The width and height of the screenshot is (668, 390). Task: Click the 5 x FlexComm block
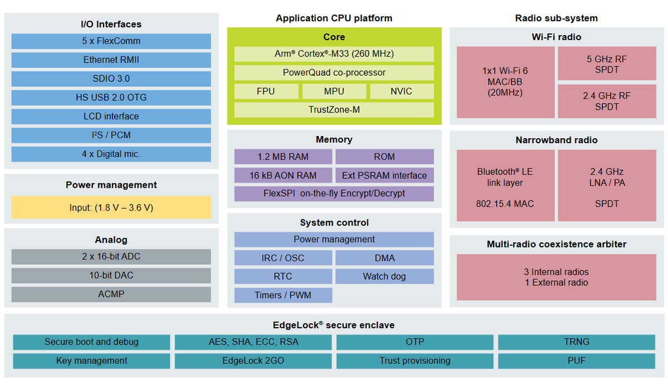point(111,41)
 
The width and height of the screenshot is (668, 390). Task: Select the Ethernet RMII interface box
point(111,60)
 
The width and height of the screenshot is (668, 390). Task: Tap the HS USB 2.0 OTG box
point(111,97)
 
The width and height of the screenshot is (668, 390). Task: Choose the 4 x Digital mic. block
point(111,154)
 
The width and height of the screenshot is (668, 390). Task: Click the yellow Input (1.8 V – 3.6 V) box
point(111,207)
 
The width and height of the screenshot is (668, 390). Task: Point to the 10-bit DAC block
point(111,275)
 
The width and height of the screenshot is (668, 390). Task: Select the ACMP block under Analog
point(111,294)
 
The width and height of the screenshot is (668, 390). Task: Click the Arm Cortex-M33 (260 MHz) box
point(334,54)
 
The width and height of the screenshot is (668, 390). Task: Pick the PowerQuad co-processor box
point(334,72)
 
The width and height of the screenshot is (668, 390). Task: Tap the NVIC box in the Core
point(401,91)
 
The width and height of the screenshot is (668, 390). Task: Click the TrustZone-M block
point(334,110)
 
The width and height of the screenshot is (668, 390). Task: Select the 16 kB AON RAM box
point(283,175)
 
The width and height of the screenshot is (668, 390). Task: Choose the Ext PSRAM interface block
point(384,175)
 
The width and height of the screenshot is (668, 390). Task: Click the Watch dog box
point(384,276)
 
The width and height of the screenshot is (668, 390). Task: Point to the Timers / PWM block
point(283,295)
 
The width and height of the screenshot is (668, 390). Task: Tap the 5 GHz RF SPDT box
point(606,64)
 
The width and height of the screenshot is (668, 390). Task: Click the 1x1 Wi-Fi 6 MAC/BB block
point(505,82)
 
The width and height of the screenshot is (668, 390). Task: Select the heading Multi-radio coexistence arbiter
point(556,244)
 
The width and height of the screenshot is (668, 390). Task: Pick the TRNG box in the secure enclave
point(576,342)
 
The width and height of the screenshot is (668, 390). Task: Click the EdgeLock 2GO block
point(253,361)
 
